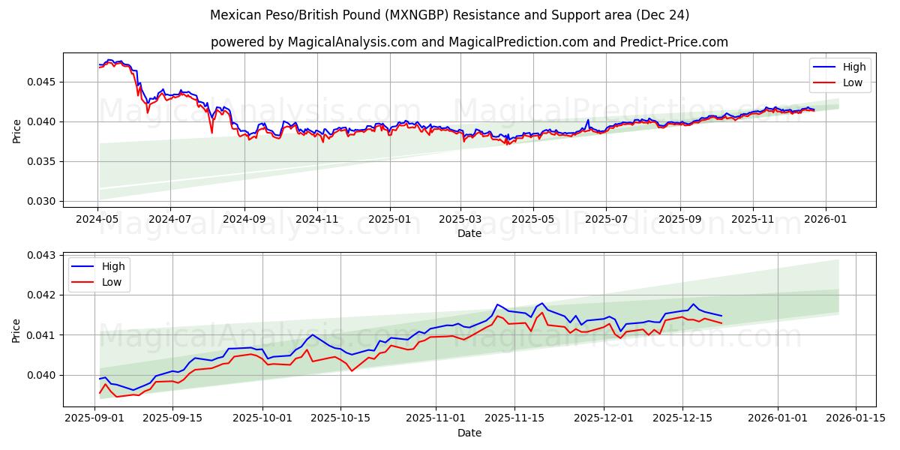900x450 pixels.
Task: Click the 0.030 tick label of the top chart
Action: tap(42, 201)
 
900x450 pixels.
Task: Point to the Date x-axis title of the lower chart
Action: tap(469, 433)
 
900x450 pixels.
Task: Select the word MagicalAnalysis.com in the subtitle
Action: tap(352, 42)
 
